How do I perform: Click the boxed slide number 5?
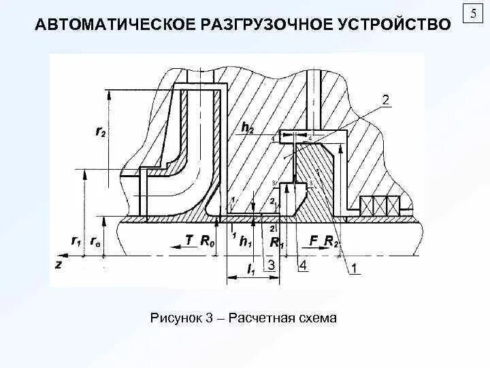(472, 14)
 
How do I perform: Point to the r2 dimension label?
(99, 133)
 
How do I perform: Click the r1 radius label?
(76, 241)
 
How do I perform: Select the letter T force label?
(189, 241)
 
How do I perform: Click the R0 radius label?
(208, 241)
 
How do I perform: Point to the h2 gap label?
(247, 127)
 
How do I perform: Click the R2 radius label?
(331, 241)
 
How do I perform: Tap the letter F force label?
(314, 241)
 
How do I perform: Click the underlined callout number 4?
(302, 265)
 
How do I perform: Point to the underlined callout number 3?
(271, 264)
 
